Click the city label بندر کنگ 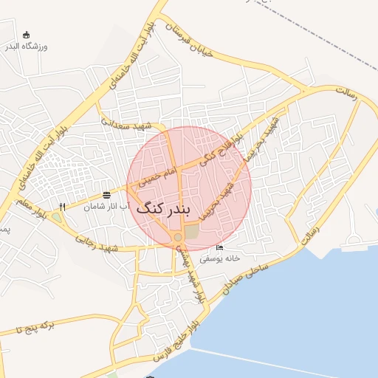(x=163, y=208)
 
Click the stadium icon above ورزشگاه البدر (x=27, y=35)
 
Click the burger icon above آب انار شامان (x=108, y=195)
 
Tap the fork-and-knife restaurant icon (x=63, y=207)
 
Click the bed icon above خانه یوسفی (x=219, y=247)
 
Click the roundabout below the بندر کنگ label (x=177, y=236)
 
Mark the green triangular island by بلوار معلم (x=55, y=219)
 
